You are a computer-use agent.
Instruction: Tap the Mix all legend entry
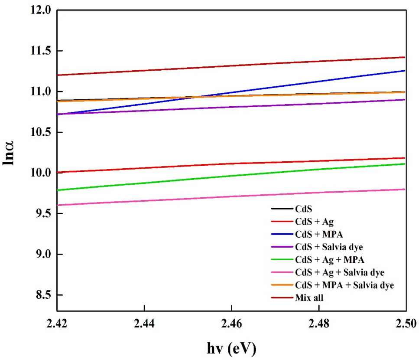[310, 298]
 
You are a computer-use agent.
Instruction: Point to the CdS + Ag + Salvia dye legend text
[340, 273]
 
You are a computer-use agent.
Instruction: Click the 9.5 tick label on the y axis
[43, 213]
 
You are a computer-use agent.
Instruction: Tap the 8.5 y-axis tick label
[43, 295]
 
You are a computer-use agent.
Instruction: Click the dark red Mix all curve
[231, 65]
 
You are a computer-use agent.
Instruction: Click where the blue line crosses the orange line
[196, 96]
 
